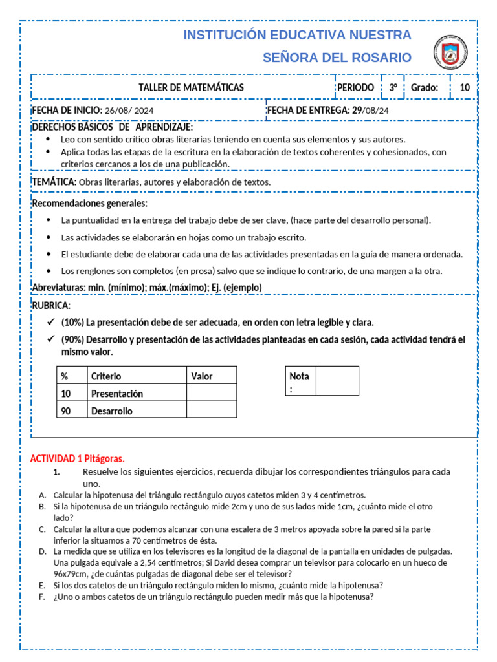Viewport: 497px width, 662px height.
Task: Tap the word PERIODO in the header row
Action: pyautogui.click(x=355, y=87)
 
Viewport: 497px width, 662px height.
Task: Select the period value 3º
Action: pyautogui.click(x=393, y=87)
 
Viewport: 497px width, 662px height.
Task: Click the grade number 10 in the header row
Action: pyautogui.click(x=465, y=87)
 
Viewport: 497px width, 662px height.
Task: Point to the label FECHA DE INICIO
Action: pyautogui.click(x=67, y=110)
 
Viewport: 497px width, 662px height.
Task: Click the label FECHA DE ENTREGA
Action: pyautogui.click(x=307, y=110)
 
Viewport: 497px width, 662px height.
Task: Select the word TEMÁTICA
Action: pyautogui.click(x=54, y=182)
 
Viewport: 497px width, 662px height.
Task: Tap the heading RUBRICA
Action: pyautogui.click(x=51, y=305)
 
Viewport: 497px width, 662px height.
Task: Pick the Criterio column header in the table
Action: pyautogui.click(x=106, y=376)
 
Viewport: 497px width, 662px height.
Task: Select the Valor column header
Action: pyautogui.click(x=202, y=376)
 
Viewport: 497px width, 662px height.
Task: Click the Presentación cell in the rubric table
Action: pyautogui.click(x=117, y=394)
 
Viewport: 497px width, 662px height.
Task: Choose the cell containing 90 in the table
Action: pyautogui.click(x=65, y=411)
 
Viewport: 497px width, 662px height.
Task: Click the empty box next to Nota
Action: pyautogui.click(x=337, y=381)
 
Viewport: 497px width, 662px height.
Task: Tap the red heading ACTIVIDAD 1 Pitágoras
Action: pyautogui.click(x=77, y=458)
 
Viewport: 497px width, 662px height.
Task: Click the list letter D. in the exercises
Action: pyautogui.click(x=42, y=551)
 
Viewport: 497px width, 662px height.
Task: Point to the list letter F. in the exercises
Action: pyautogui.click(x=42, y=597)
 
